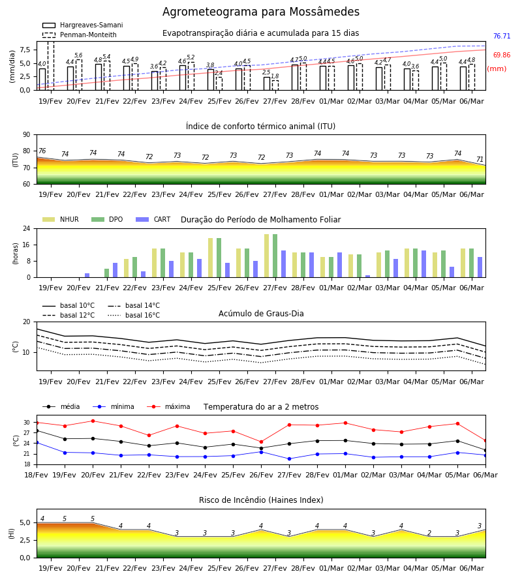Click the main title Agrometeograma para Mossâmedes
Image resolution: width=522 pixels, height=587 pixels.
pos(260,12)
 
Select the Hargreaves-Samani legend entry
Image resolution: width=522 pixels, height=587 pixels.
pos(82,25)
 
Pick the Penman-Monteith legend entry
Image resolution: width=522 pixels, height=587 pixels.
pos(80,35)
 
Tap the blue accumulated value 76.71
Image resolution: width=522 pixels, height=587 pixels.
pos(502,37)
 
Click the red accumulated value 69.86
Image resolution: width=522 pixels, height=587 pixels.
pos(502,55)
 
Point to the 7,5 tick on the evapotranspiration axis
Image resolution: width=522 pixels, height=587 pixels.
pos(25,50)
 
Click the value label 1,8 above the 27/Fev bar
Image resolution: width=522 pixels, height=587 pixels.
pos(275,76)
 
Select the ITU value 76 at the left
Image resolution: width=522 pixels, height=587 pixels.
pos(42,151)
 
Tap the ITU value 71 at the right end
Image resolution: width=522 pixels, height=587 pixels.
pos(480,160)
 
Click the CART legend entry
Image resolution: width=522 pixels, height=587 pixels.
pos(153,219)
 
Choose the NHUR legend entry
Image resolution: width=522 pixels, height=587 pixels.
pos(61,219)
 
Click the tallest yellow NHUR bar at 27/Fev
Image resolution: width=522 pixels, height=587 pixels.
pos(267,256)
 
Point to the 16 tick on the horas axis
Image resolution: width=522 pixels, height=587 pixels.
pos(27,245)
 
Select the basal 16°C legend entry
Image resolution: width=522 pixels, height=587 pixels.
pos(134,315)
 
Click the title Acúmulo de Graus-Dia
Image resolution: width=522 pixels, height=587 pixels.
pos(261,314)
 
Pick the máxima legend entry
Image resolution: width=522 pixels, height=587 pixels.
pos(168,406)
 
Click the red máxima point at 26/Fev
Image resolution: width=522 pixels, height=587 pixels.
pos(261,442)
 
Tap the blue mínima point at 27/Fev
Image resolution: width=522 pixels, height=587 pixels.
pos(289,459)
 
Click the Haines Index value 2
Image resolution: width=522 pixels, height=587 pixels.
pos(429,533)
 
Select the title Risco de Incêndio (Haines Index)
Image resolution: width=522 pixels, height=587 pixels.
pos(261,500)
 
